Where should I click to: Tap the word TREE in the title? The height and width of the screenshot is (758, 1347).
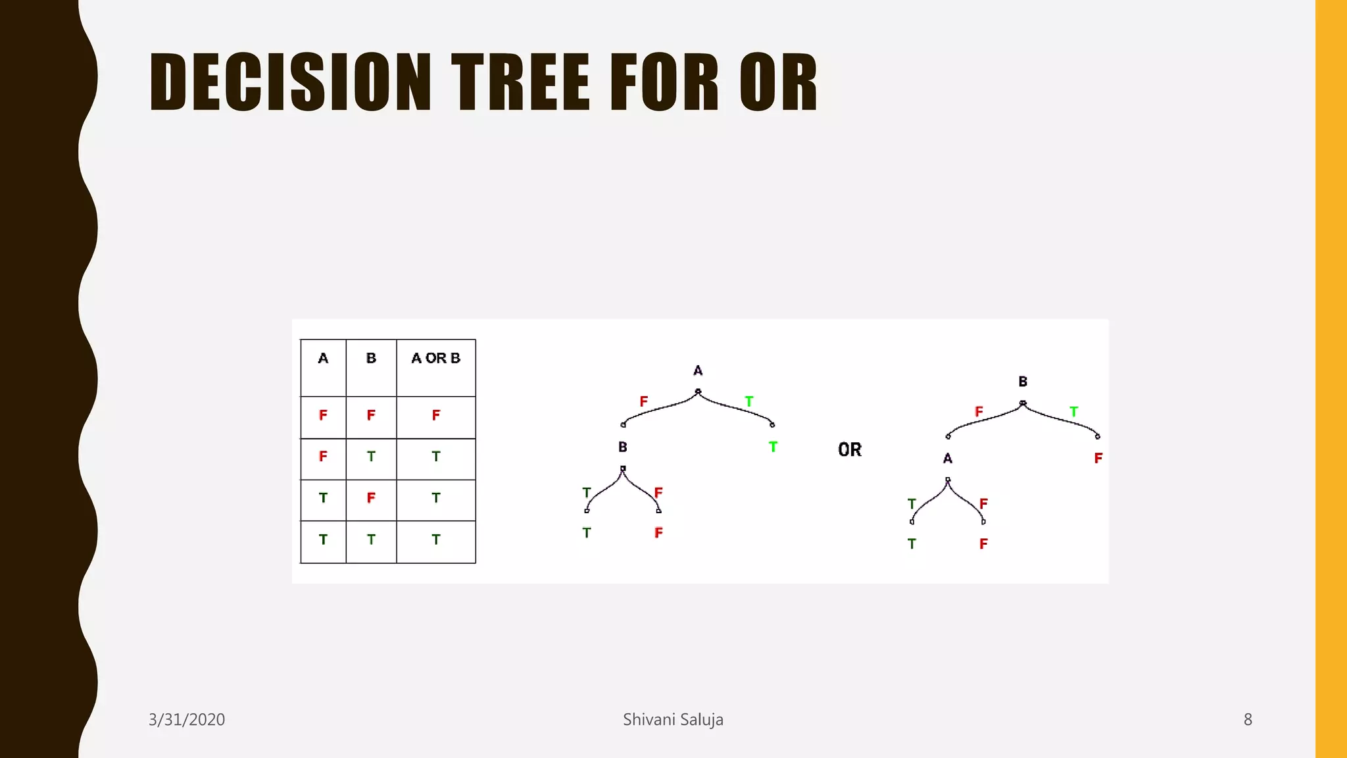pos(520,82)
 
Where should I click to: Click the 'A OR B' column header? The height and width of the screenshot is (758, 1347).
pos(435,359)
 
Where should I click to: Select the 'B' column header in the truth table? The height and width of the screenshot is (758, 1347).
pos(371,359)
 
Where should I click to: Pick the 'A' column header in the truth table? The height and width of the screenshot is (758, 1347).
pos(323,359)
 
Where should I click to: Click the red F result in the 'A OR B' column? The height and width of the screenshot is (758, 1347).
pos(435,415)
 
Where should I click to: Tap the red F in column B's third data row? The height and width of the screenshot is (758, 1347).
pos(371,498)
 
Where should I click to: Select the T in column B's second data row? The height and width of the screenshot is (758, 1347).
pos(371,457)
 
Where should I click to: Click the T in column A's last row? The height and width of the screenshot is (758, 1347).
pos(323,540)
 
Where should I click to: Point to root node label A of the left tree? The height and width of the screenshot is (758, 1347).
pos(698,371)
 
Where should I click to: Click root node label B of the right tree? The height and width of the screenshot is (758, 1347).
pos(1023,382)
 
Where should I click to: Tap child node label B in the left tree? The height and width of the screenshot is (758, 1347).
pos(622,447)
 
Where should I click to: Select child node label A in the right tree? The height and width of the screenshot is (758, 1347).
pos(947,459)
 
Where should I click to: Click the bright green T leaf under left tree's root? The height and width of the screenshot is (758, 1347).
pos(773,447)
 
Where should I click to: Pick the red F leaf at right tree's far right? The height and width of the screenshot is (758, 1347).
pos(1098,459)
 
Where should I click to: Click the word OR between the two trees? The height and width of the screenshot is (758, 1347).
pos(850,450)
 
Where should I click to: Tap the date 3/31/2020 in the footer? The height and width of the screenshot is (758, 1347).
pos(187,720)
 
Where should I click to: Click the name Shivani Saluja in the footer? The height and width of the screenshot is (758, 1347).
pos(673,720)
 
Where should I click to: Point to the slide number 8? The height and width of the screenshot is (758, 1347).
pos(1248,720)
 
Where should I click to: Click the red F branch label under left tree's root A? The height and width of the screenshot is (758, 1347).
pos(644,401)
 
